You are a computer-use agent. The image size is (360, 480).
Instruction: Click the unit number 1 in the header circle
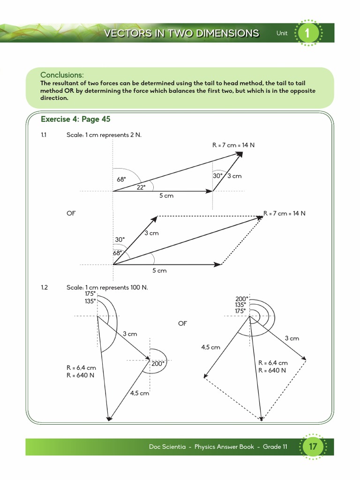[x=307, y=33]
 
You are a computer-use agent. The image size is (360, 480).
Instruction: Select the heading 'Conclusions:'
[x=62, y=75]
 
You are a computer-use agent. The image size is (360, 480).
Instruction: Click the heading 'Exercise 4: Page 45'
[x=76, y=119]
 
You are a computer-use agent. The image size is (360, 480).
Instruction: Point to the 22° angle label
[x=141, y=187]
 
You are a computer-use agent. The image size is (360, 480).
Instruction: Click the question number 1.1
[x=44, y=135]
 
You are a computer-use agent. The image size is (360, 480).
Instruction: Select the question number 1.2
[x=45, y=287]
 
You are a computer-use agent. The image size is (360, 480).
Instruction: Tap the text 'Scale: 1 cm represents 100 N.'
[x=107, y=287]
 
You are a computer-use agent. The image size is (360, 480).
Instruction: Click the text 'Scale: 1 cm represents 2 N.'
[x=104, y=135]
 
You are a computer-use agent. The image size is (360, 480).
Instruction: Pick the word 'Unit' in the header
[x=282, y=33]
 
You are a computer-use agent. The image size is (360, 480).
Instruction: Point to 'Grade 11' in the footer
[x=275, y=447]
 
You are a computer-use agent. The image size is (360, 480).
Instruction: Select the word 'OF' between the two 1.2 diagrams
[x=182, y=323]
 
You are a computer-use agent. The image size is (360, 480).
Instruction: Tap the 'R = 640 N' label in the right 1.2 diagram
[x=272, y=370]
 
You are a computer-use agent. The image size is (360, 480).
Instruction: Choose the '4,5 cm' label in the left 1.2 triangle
[x=139, y=393]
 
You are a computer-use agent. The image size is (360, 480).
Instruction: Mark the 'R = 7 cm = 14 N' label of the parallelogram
[x=285, y=213]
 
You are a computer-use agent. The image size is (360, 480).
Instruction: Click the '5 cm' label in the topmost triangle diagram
[x=166, y=195]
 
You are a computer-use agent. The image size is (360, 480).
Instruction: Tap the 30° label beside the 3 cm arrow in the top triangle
[x=217, y=176]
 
